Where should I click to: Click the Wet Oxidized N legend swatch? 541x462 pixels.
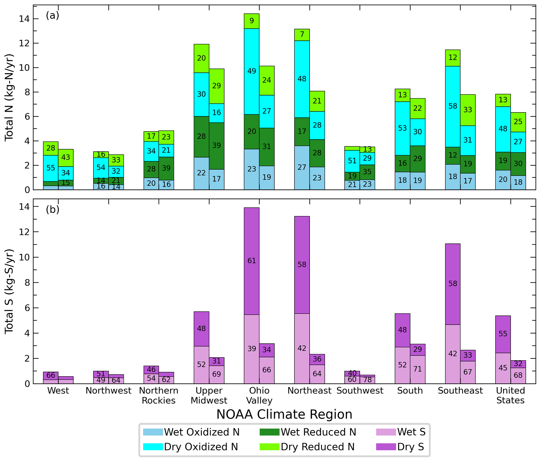pyautogui.click(x=153, y=432)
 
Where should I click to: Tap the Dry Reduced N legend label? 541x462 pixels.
pyautogui.click(x=317, y=447)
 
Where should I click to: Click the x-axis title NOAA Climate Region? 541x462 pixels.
pyautogui.click(x=284, y=415)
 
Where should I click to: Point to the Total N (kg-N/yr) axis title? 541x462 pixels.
pyautogui.click(x=9, y=97)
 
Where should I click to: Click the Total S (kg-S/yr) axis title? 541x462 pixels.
pyautogui.click(x=9, y=291)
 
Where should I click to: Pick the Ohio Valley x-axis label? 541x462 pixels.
pyautogui.click(x=259, y=395)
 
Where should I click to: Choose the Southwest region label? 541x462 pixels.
pyautogui.click(x=360, y=391)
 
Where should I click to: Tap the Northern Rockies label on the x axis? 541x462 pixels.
pyautogui.click(x=159, y=395)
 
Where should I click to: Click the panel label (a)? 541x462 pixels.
pyautogui.click(x=52, y=15)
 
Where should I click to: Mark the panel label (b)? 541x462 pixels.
pyautogui.click(x=52, y=209)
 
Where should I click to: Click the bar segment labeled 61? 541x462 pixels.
pyautogui.click(x=252, y=261)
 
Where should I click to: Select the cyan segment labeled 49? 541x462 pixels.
pyautogui.click(x=252, y=71)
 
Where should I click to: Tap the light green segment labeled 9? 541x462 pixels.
pyautogui.click(x=252, y=21)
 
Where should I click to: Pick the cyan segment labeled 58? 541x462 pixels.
pyautogui.click(x=453, y=106)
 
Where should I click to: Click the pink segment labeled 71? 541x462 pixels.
pyautogui.click(x=417, y=369)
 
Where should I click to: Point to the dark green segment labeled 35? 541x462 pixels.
pyautogui.click(x=367, y=172)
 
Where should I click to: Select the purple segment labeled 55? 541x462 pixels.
pyautogui.click(x=503, y=334)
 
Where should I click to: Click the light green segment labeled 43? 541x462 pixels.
pyautogui.click(x=66, y=157)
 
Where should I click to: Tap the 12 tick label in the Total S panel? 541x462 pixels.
pyautogui.click(x=24, y=232)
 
